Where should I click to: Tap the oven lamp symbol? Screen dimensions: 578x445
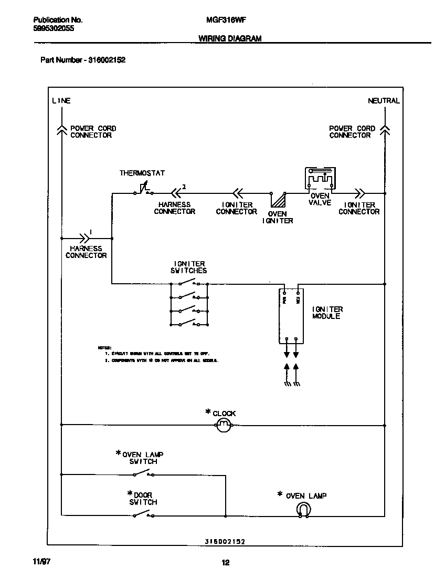click(303, 509)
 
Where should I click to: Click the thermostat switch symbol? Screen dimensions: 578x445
click(143, 191)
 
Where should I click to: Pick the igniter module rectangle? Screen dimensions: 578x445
click(291, 315)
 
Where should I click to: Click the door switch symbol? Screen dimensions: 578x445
click(143, 515)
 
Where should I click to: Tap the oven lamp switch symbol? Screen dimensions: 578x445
click(143, 475)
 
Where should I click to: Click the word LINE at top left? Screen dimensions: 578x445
click(61, 100)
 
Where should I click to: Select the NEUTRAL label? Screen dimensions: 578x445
click(384, 100)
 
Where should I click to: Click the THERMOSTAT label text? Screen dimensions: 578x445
click(142, 173)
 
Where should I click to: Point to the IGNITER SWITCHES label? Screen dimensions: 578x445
click(190, 267)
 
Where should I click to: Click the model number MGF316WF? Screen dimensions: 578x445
click(223, 20)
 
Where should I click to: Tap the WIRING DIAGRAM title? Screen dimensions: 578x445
click(230, 38)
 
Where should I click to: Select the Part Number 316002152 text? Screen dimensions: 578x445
click(83, 60)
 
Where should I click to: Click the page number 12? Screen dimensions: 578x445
click(225, 563)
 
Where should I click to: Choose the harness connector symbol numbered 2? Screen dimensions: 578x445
click(174, 192)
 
